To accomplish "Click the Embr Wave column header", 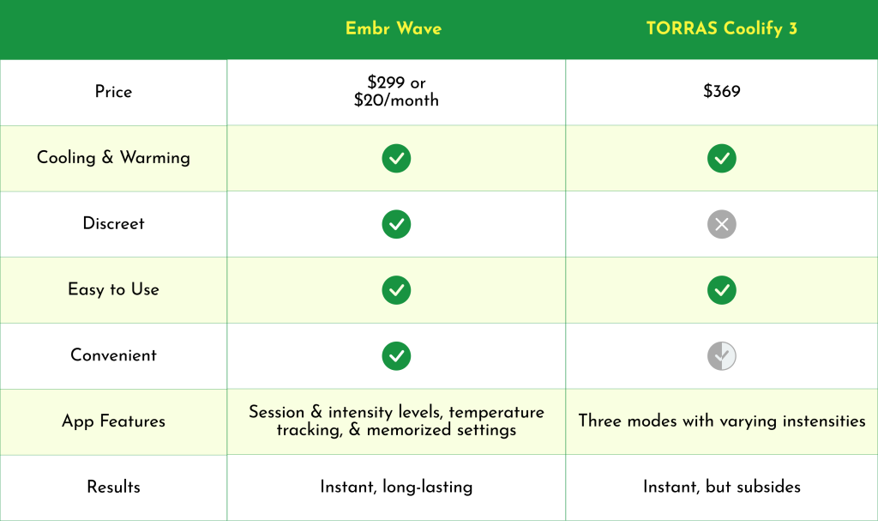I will click(394, 28).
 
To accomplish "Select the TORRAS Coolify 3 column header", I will click(721, 28).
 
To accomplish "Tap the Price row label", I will click(113, 92).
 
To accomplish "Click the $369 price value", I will click(721, 91).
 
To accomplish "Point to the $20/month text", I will click(396, 100).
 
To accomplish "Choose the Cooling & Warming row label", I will click(113, 158).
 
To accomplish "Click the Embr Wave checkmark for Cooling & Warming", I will click(396, 158).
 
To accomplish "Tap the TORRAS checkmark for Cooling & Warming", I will click(722, 158).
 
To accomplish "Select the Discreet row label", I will click(113, 223).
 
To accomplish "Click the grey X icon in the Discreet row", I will click(722, 224).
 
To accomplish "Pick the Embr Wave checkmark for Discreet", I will click(396, 224).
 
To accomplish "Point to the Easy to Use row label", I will click(113, 289).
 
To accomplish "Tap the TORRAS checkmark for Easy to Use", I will click(722, 290).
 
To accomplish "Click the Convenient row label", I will click(113, 355).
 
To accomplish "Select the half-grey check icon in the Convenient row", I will click(722, 355).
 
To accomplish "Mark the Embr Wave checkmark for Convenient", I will click(396, 355).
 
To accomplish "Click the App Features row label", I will click(113, 421).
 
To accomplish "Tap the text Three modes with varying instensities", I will click(722, 421).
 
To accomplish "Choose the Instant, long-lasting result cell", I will click(396, 487).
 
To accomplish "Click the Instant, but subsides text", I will click(722, 487).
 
